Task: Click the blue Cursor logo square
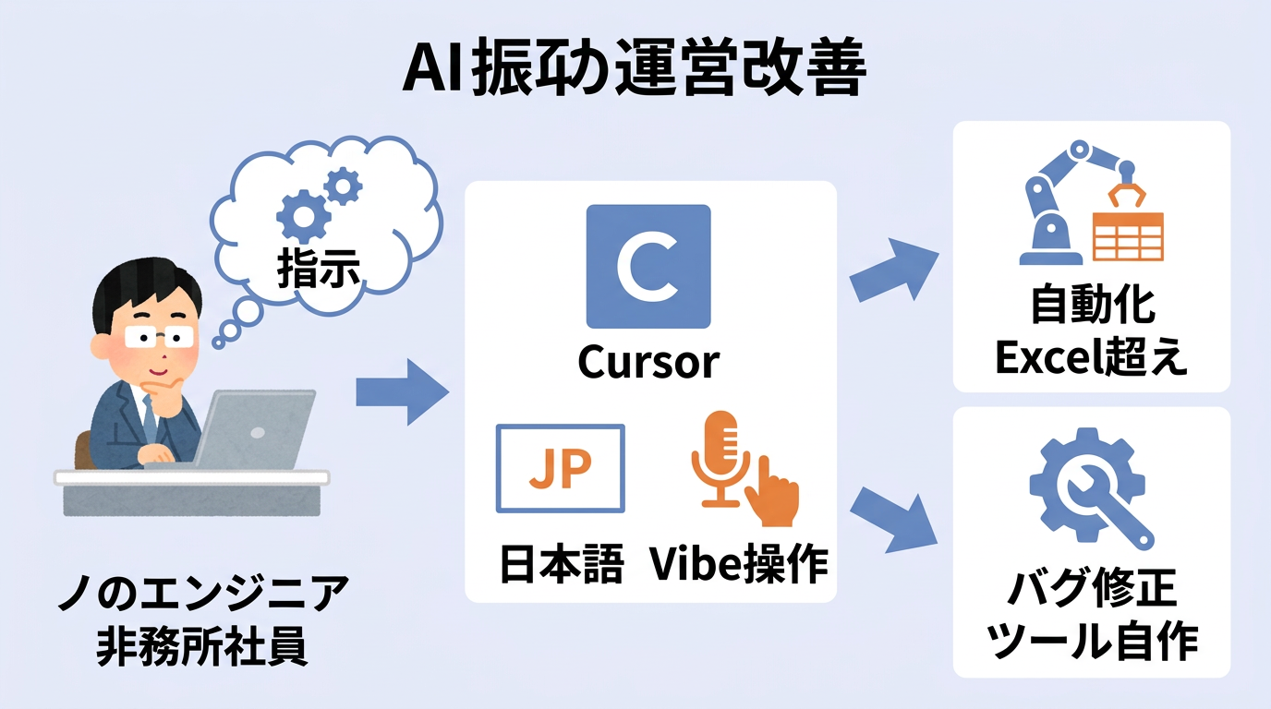[x=648, y=266]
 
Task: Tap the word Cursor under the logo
[x=648, y=362]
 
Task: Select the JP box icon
[x=561, y=468]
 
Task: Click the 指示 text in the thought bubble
[x=319, y=268]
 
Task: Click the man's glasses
[x=157, y=334]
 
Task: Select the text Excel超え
[x=1091, y=358]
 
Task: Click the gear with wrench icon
[x=1091, y=487]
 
